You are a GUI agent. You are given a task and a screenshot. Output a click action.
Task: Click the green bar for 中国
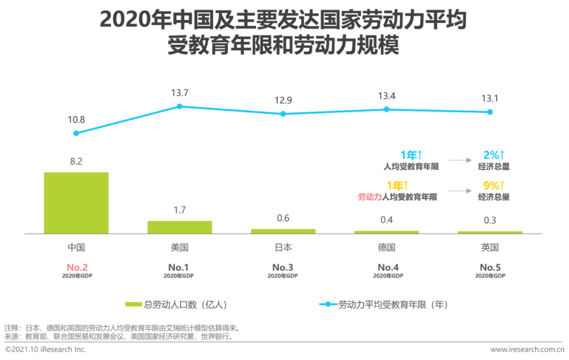tap(76, 202)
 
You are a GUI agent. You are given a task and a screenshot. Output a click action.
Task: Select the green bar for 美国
tap(180, 227)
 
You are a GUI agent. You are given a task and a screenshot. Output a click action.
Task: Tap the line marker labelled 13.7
tap(180, 106)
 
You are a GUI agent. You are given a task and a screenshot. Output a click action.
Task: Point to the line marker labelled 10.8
tap(76, 133)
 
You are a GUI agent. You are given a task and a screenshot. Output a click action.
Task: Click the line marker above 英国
tap(489, 112)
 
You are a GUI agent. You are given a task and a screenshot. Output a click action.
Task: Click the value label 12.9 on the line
tap(283, 100)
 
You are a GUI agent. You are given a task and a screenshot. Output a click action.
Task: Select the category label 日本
tap(283, 248)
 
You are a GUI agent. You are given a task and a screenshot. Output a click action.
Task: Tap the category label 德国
tap(386, 248)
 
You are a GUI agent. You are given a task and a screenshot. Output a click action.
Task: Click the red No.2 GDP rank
tap(76, 267)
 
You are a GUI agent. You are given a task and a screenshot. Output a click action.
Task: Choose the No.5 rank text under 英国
tap(489, 267)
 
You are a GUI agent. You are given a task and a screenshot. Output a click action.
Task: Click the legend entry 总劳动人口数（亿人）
tap(176, 304)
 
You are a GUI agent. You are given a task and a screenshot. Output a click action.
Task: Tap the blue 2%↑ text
tap(494, 155)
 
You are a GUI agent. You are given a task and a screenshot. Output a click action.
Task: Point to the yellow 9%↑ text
tap(494, 186)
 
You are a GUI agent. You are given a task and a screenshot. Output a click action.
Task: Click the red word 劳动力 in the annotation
tap(369, 197)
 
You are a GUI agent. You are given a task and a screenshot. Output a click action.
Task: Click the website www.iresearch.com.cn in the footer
tap(527, 349)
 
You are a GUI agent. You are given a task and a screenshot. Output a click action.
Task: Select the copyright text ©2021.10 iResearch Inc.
tap(45, 349)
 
